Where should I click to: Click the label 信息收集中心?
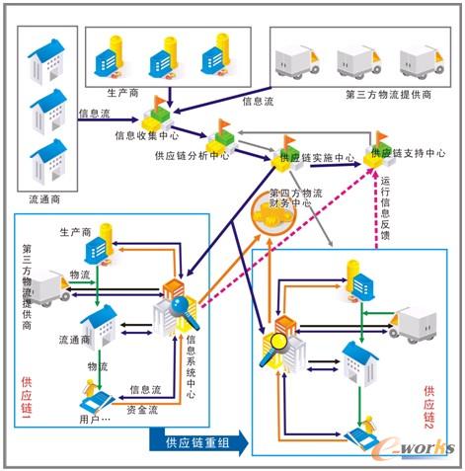(x=147, y=135)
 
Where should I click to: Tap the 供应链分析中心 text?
(x=192, y=155)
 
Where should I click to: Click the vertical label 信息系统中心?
(x=190, y=366)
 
